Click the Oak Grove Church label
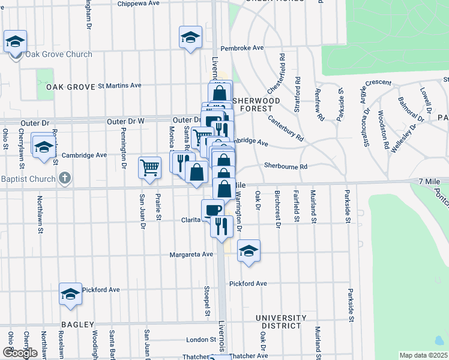click(x=58, y=55)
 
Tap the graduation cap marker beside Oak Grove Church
click(x=15, y=42)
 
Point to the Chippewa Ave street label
click(x=138, y=3)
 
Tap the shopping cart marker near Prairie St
click(x=149, y=167)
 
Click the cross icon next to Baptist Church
click(x=65, y=179)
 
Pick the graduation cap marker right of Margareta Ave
click(x=249, y=251)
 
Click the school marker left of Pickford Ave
click(x=70, y=294)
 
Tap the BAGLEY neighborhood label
click(x=75, y=324)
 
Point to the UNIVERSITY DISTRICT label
click(x=277, y=322)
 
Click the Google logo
click(x=20, y=353)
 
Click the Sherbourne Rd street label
click(x=286, y=166)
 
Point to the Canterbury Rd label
click(x=286, y=128)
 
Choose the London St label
click(x=201, y=340)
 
